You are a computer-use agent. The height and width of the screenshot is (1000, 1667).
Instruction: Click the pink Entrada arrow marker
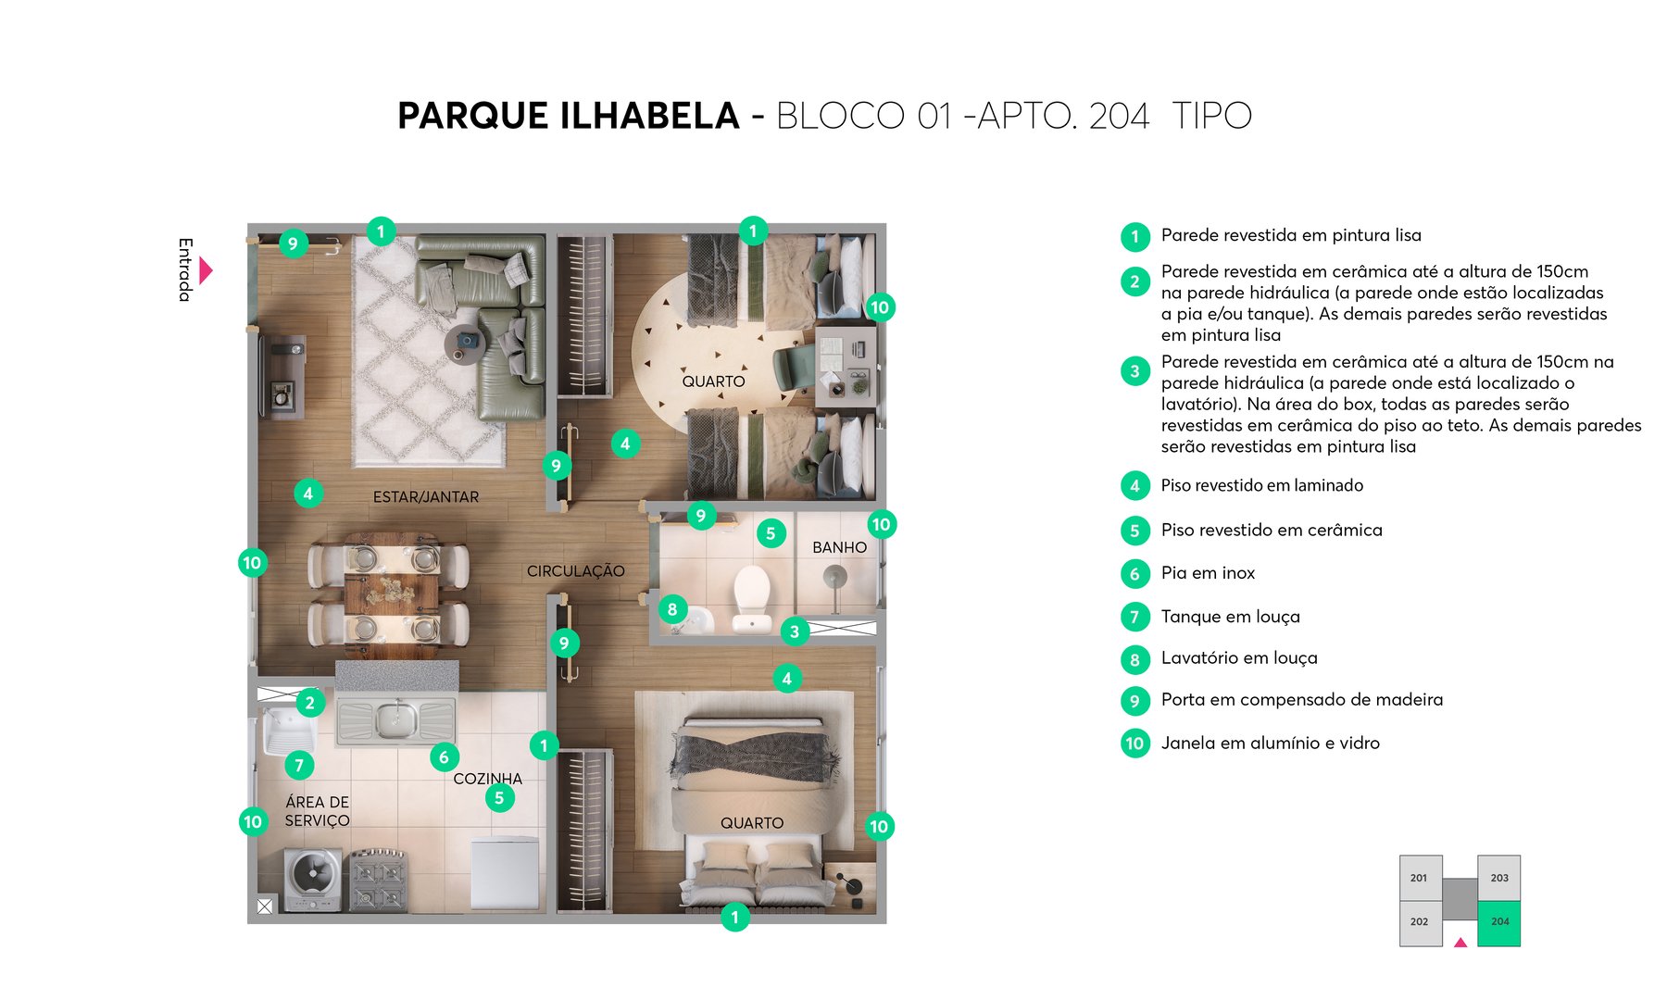click(x=206, y=270)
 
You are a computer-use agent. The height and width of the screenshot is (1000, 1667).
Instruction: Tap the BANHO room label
click(x=839, y=547)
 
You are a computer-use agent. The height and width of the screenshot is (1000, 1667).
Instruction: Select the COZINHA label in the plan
click(x=487, y=779)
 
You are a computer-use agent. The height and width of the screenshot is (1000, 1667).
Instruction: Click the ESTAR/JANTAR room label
click(x=426, y=497)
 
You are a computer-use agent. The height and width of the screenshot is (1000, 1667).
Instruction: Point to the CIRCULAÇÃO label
click(x=575, y=571)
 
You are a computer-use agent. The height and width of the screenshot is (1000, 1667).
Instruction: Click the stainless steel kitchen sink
click(x=396, y=718)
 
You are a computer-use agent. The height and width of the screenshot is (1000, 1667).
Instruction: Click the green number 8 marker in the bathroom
click(x=672, y=609)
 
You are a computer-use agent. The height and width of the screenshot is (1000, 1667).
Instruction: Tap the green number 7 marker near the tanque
click(x=298, y=765)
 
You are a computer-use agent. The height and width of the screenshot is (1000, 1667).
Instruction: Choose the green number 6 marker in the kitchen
click(x=444, y=757)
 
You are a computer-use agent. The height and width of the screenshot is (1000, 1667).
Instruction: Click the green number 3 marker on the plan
click(x=794, y=631)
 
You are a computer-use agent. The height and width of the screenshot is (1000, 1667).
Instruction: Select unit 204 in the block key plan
click(x=1498, y=922)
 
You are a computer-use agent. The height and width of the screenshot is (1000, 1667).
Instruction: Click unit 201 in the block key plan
click(x=1419, y=878)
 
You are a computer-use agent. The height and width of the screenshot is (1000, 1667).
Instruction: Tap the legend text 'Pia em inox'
click(x=1208, y=573)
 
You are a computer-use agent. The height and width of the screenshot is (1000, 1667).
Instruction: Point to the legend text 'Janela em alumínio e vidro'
click(x=1270, y=743)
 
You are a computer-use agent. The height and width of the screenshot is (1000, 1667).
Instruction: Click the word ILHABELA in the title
click(x=649, y=117)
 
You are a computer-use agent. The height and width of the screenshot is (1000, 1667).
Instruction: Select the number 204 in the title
click(x=1119, y=117)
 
